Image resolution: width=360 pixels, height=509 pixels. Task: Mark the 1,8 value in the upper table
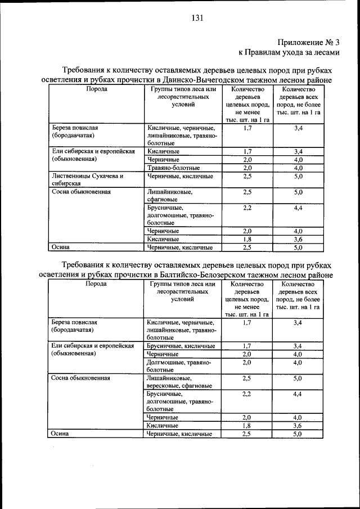pyautogui.click(x=247, y=239)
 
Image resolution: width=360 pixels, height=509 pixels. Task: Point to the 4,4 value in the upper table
pyautogui.click(x=298, y=208)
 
